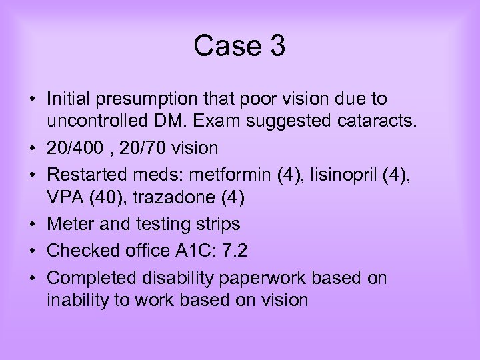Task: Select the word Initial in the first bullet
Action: click(69, 99)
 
